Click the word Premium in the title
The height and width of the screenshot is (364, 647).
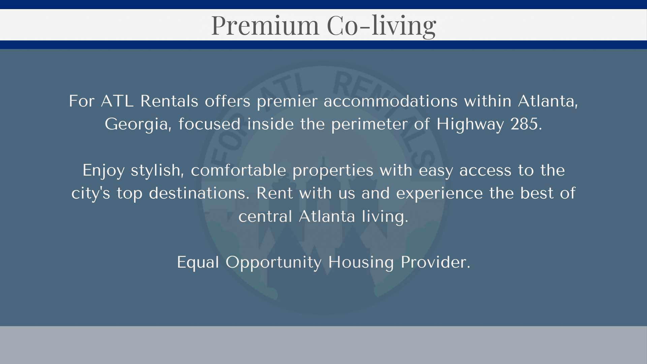[x=265, y=25]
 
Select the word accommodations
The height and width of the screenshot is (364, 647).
[x=391, y=101]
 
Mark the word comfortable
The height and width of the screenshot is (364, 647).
[x=239, y=170]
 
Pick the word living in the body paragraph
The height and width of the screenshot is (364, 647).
[x=385, y=217]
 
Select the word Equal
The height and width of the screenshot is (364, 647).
[x=198, y=263]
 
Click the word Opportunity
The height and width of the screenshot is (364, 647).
[x=274, y=263]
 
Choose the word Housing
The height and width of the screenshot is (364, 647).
[x=361, y=263]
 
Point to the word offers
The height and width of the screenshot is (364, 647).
[x=227, y=101]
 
